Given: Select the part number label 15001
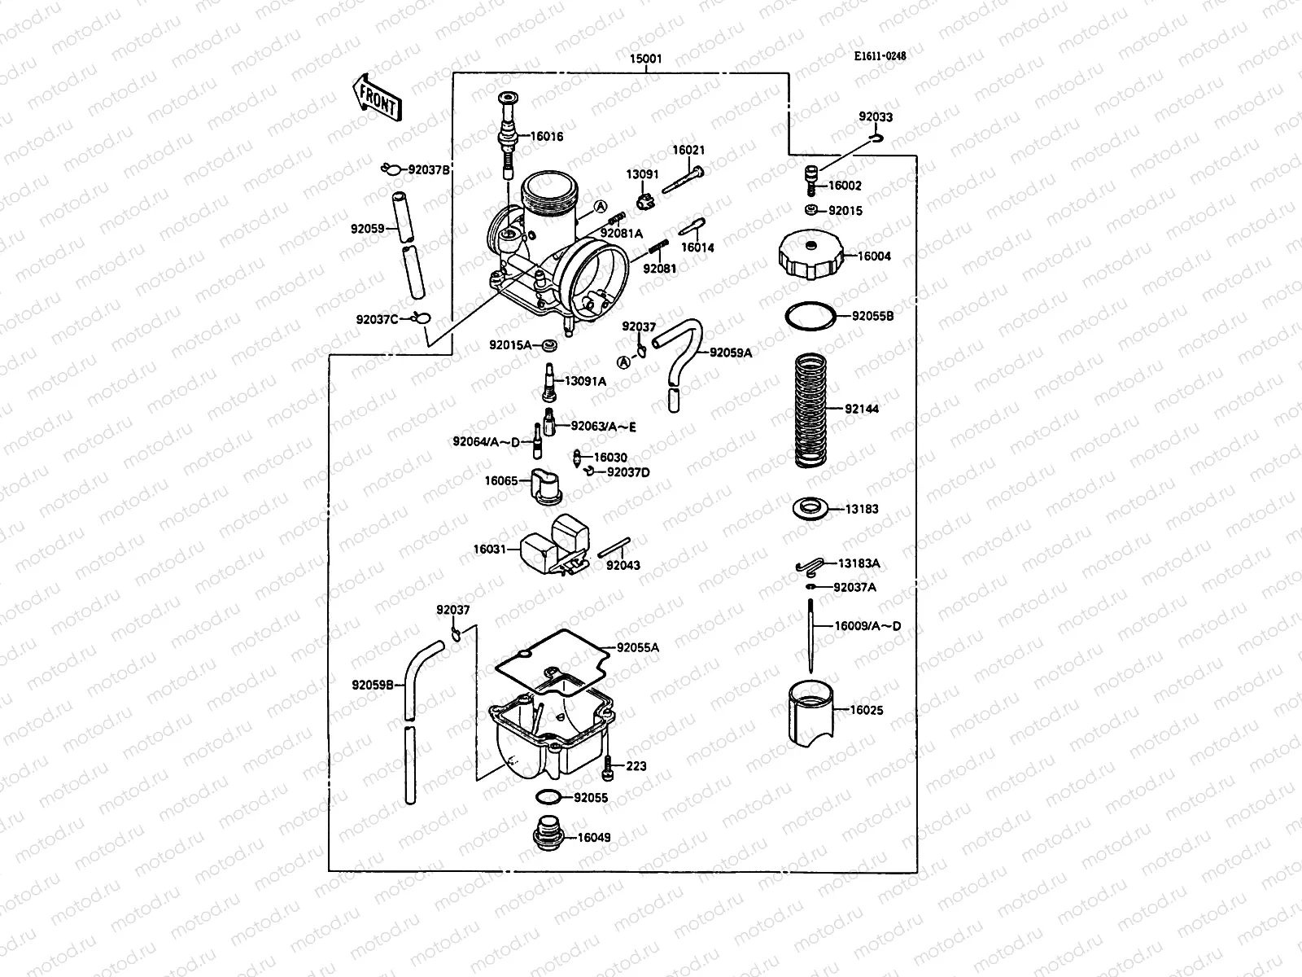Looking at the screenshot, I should [646, 59].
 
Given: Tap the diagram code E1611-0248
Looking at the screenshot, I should [880, 57].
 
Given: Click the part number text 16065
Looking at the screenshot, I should [501, 481].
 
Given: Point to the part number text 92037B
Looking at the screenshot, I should [429, 170].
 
